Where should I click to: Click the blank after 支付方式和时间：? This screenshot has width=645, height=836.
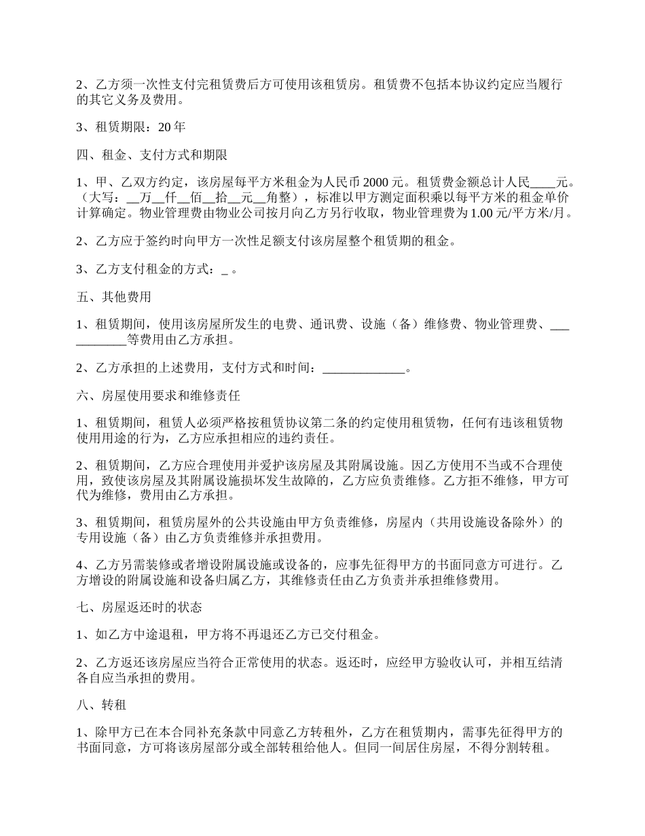tap(363, 368)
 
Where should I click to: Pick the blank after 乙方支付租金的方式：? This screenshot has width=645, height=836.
tap(225, 269)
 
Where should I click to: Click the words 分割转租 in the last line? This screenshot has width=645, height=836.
tap(517, 748)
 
